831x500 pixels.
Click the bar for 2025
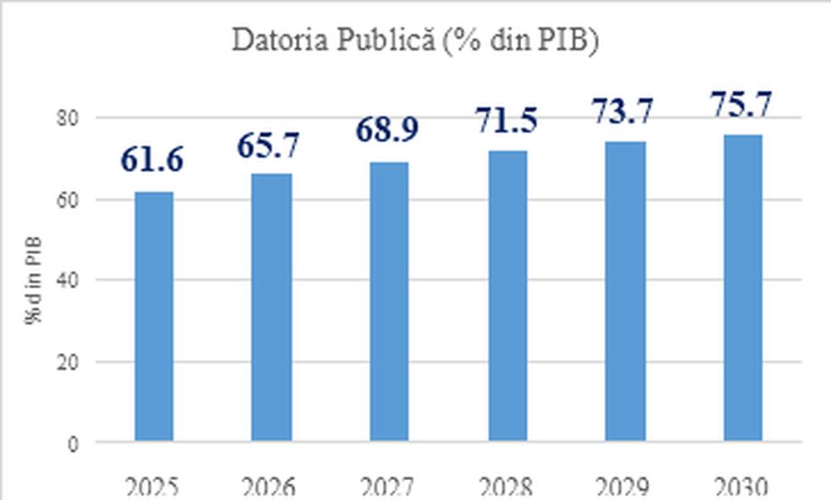click(155, 316)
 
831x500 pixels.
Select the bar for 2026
click(272, 307)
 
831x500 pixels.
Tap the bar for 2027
click(389, 301)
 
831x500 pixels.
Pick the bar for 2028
click(507, 296)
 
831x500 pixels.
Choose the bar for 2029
click(625, 292)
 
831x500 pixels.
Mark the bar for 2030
click(742, 287)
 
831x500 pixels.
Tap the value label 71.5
click(507, 120)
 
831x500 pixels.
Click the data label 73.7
click(623, 110)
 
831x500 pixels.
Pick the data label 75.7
click(742, 105)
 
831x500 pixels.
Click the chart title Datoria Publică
click(415, 42)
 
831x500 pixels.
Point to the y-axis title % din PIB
click(35, 280)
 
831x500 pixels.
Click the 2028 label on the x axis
click(507, 486)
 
